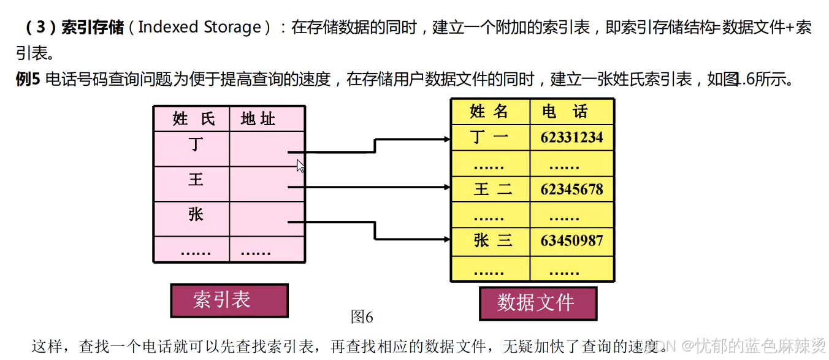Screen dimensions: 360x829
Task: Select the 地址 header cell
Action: (x=258, y=118)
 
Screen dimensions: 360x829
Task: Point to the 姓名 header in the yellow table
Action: (x=489, y=111)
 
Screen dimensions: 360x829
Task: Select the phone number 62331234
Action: (x=571, y=137)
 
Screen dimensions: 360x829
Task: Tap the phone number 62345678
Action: (x=571, y=190)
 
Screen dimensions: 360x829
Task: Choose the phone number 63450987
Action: (x=571, y=241)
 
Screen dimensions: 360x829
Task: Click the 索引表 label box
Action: (x=229, y=300)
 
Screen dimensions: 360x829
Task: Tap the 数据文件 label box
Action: (x=537, y=303)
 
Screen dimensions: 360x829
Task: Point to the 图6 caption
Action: (x=362, y=317)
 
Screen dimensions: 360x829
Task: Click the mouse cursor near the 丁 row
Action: (x=300, y=166)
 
